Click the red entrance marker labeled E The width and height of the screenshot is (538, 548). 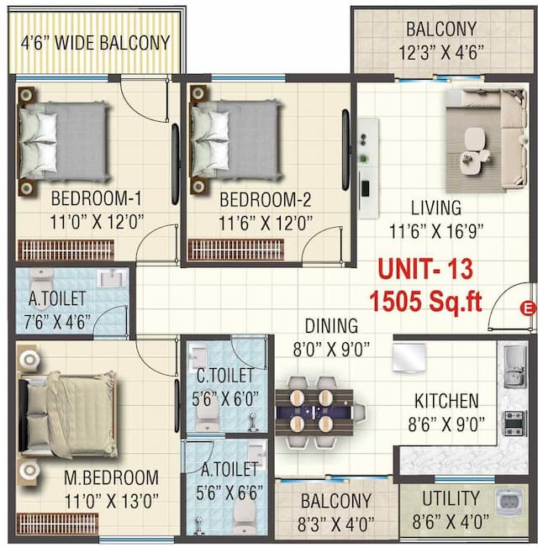point(528,307)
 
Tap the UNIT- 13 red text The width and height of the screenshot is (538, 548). point(425,270)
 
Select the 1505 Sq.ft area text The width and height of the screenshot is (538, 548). point(426,301)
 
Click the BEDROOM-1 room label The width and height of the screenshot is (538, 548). point(96,200)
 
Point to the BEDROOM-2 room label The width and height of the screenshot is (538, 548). point(265,200)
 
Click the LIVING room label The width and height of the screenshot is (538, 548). point(435,207)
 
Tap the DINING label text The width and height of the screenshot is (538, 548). point(331,325)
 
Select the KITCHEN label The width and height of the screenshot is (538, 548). point(446,402)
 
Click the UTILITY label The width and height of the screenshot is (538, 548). point(451,498)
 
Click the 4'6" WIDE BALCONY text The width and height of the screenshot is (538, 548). point(95,42)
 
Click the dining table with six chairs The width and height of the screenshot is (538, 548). point(319,413)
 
